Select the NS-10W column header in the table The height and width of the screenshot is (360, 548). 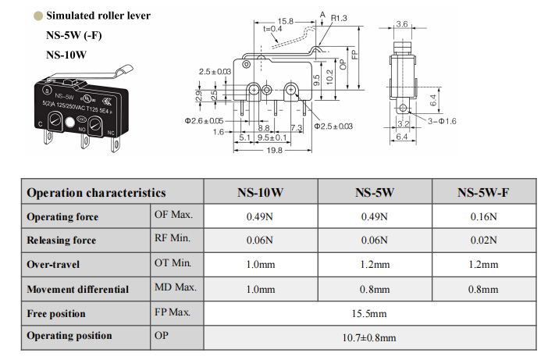[x=260, y=192]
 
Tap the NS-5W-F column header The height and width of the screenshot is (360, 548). [x=484, y=192]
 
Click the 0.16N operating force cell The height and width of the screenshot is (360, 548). [x=484, y=216]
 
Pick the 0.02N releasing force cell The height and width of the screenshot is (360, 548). [x=484, y=241]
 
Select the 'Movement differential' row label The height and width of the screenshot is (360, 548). [x=77, y=289]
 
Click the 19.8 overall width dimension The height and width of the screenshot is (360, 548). [x=274, y=151]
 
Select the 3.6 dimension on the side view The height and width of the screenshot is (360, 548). [x=402, y=24]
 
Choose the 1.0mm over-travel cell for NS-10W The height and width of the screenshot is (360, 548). [x=260, y=265]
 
